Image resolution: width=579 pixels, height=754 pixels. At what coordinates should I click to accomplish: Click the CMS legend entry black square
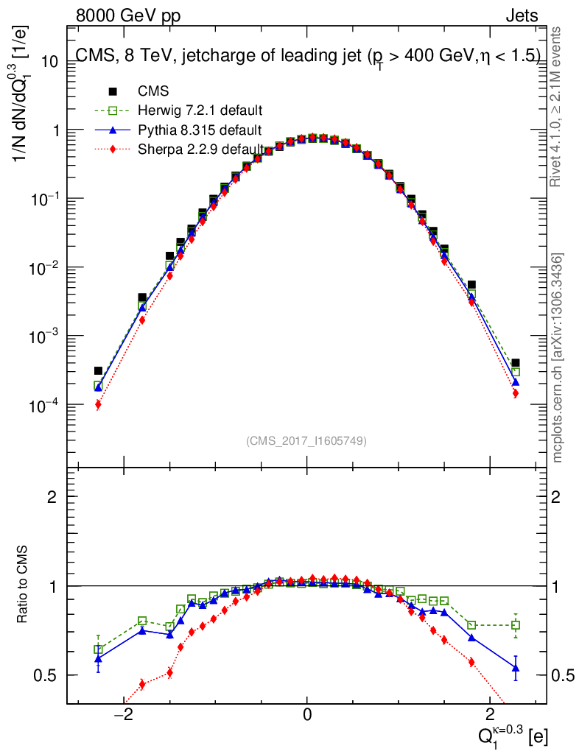113,92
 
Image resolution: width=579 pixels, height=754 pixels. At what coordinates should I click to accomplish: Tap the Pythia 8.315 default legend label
200,130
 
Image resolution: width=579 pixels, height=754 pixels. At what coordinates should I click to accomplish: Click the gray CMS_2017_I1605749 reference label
306,440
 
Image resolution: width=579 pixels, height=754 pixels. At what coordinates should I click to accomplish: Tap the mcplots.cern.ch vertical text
558,358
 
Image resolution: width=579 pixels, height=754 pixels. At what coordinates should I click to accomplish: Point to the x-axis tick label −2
124,716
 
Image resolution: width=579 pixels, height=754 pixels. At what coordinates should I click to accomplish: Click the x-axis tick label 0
307,716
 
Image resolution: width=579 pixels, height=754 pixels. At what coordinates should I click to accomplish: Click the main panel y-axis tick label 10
49,62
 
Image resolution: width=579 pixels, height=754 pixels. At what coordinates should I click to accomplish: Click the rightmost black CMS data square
516,363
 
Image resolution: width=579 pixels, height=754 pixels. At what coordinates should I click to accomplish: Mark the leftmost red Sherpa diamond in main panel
98,404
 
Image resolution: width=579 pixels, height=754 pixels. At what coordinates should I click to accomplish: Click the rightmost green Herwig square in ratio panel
516,625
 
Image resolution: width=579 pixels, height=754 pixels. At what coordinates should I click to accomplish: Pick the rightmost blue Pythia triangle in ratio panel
516,669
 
